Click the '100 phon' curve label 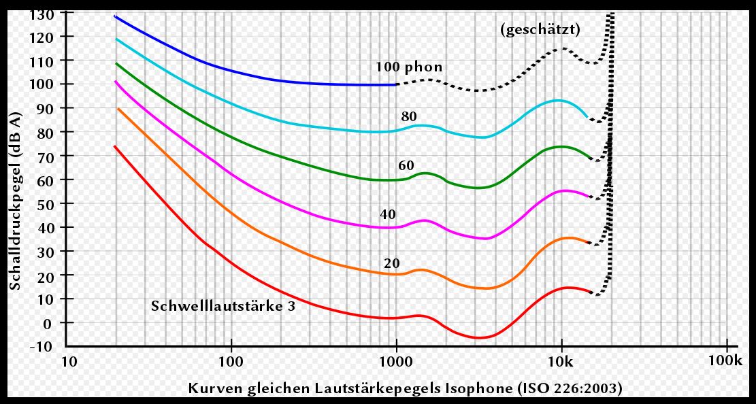(409, 67)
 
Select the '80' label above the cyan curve (409, 116)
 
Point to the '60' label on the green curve (406, 165)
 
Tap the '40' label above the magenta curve (388, 215)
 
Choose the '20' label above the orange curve (391, 264)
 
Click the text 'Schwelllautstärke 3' (223, 306)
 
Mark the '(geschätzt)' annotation (540, 30)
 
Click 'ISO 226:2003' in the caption (569, 388)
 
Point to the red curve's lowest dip (479, 337)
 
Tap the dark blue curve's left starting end (116, 16)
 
